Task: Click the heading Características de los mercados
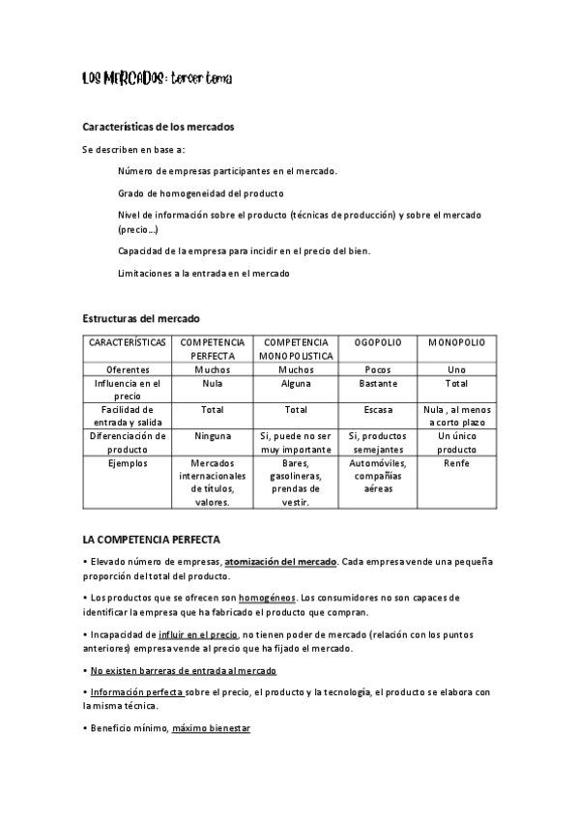158,127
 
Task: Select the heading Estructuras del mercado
141,318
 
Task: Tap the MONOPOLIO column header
456,343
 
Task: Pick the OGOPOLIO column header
378,343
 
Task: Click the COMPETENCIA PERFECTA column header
213,349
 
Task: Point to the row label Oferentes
128,369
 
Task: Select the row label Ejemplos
128,464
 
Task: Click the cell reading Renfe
456,464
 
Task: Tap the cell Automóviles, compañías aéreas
378,477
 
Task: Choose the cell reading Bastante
378,384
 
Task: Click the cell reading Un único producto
456,443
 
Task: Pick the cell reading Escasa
378,410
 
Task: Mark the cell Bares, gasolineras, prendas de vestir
295,483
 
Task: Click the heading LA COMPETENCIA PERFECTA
152,538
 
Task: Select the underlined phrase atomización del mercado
280,562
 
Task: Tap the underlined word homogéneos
265,599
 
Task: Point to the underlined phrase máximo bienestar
211,727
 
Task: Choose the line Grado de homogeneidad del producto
200,192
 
